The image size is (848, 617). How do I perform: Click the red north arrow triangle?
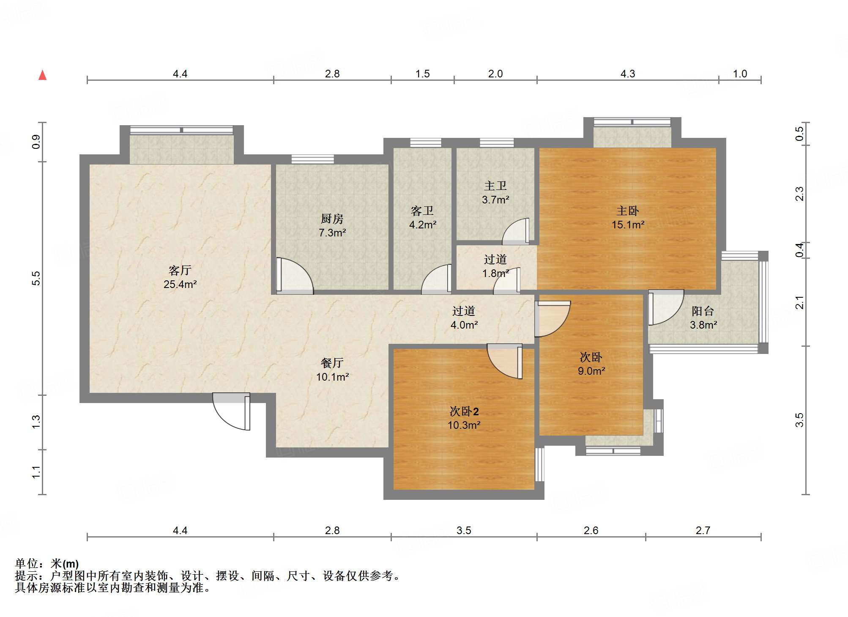(x=42, y=75)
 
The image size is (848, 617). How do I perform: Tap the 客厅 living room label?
(x=180, y=270)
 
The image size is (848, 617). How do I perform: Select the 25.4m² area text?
(x=180, y=284)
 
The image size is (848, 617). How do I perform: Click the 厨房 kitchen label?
(x=332, y=219)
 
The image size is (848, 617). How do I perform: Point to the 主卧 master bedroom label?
(x=628, y=211)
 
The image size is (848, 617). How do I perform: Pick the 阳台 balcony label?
(x=703, y=311)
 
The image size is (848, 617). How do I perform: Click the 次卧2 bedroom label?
(x=464, y=411)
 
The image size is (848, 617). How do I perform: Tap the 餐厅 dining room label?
(x=332, y=363)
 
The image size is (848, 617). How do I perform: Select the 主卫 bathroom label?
(x=495, y=186)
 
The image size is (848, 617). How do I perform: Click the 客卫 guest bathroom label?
(x=422, y=211)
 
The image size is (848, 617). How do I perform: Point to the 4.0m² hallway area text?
(x=464, y=325)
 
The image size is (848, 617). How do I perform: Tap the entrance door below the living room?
(x=231, y=411)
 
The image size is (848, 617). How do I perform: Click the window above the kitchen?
(x=313, y=159)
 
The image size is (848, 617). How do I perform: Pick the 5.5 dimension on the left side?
(x=36, y=278)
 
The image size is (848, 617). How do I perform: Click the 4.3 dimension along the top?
(x=628, y=74)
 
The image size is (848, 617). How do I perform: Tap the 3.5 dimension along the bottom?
(x=464, y=530)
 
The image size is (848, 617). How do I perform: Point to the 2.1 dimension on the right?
(x=799, y=302)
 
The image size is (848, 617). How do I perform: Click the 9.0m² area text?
(x=591, y=371)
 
